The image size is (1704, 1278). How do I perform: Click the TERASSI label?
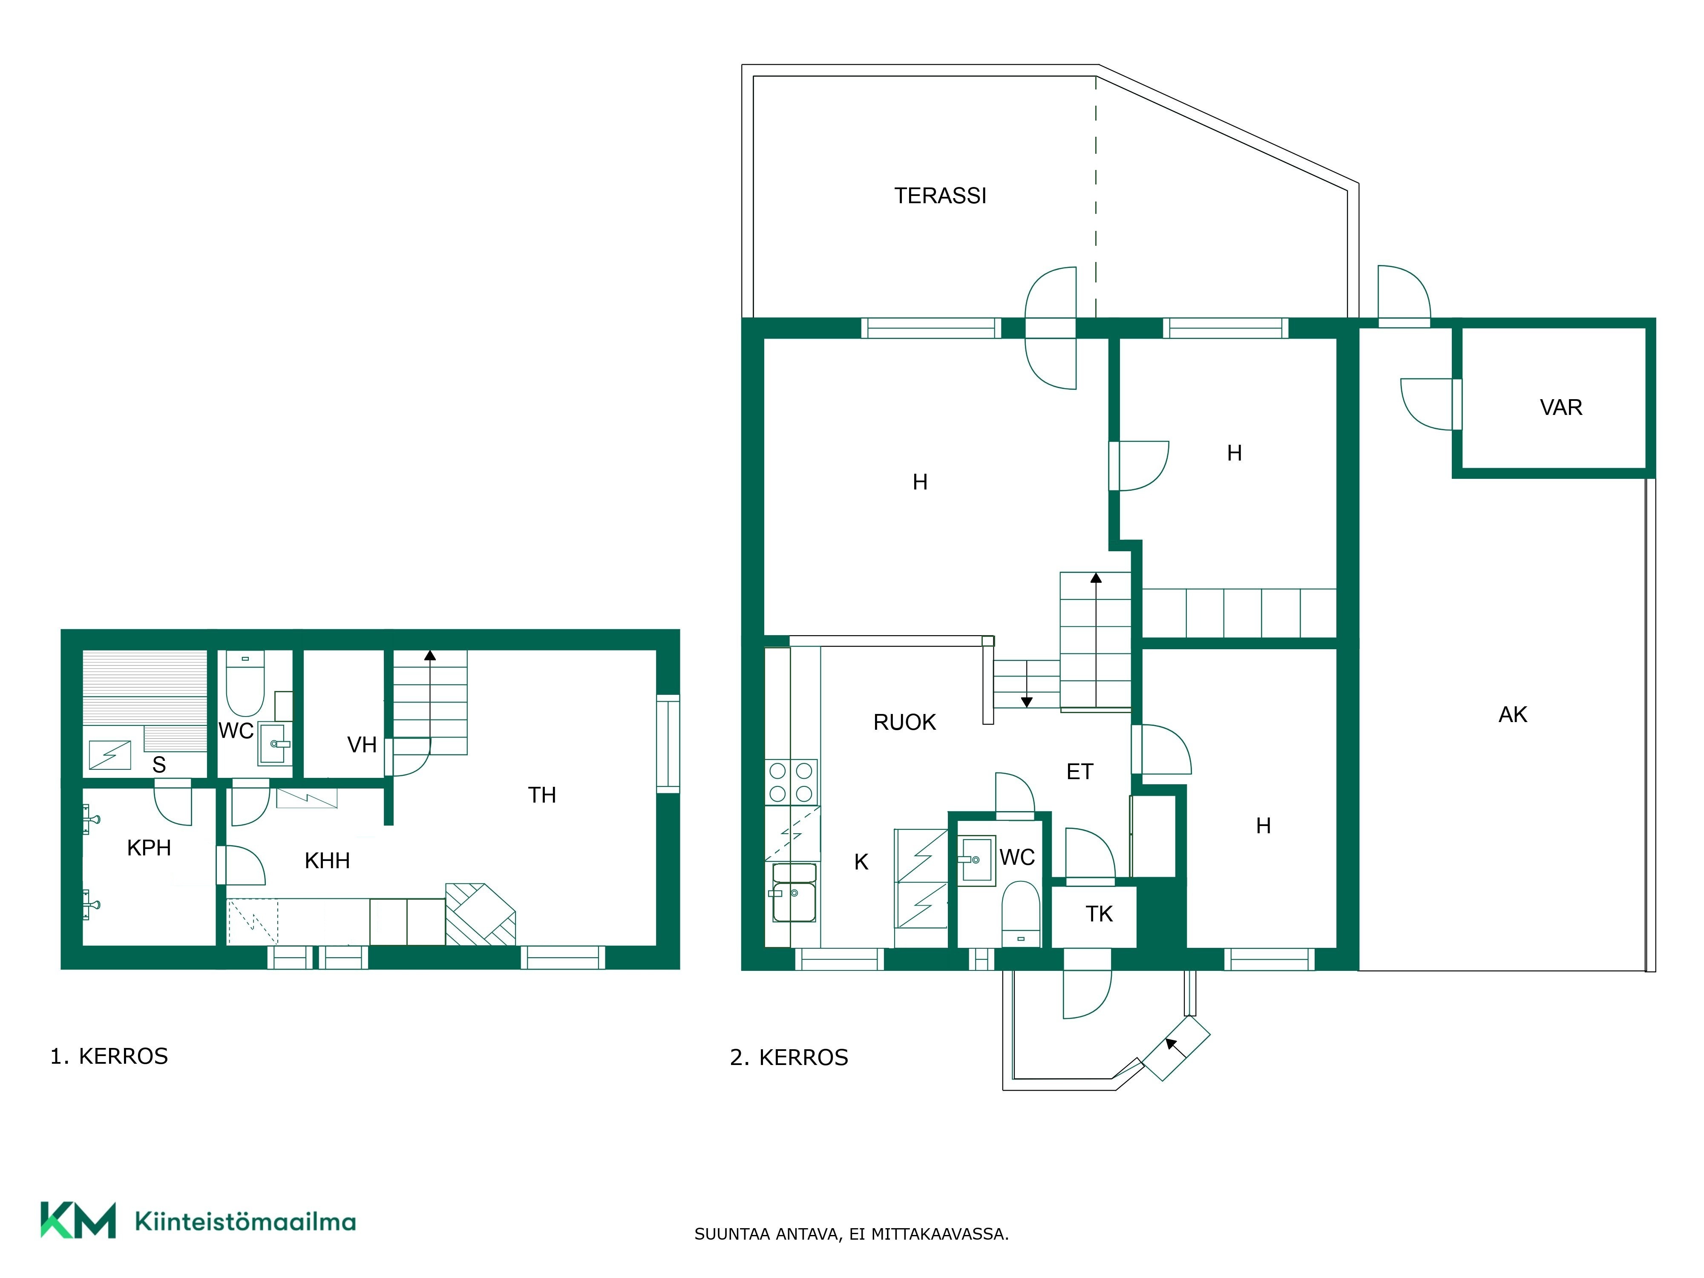tap(940, 196)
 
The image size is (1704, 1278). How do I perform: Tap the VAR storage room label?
tap(1561, 408)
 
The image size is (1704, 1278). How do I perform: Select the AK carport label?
tap(1512, 715)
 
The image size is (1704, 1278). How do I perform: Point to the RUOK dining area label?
tap(904, 722)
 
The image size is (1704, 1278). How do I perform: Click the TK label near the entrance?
tap(1099, 914)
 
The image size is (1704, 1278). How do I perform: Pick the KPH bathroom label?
tap(149, 848)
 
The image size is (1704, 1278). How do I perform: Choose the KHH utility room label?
tap(328, 861)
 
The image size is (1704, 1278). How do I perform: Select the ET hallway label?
tap(1079, 772)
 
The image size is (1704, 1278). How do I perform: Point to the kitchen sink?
tap(794, 894)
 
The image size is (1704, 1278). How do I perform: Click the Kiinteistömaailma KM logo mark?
tap(78, 1220)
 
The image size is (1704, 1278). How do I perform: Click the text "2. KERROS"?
tap(789, 1058)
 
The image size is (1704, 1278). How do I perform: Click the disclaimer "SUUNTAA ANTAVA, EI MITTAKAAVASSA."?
tap(851, 1234)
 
